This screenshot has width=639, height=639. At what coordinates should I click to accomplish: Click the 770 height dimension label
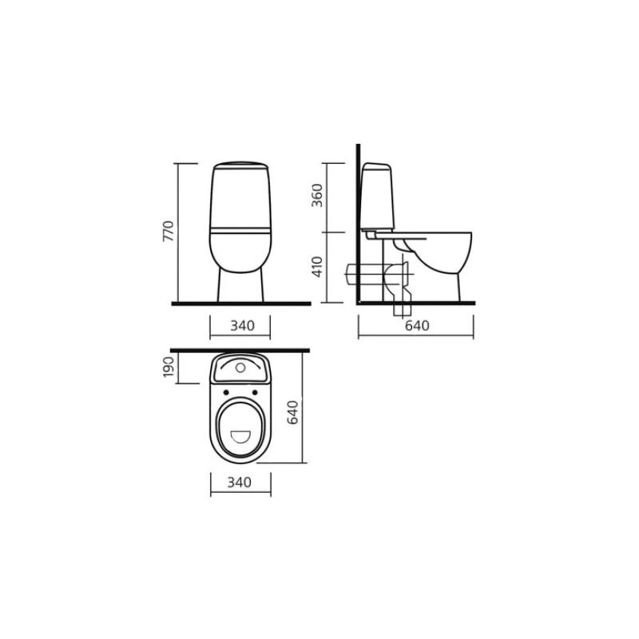coord(169,231)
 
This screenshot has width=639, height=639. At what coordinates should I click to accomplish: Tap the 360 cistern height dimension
coord(316,196)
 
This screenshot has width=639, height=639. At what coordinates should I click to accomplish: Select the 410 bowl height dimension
coord(316,267)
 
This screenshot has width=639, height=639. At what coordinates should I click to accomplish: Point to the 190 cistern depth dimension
coord(169,367)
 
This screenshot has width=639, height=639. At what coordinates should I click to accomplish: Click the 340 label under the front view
coord(243,326)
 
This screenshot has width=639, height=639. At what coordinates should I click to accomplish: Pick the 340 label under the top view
coord(239,482)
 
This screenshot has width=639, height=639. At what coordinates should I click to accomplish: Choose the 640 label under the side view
coord(417,326)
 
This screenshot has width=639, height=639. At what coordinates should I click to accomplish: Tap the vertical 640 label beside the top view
coord(292,412)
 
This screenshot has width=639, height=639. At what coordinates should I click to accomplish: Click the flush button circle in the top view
coord(240,368)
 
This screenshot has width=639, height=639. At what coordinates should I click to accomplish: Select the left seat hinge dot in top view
coord(226,392)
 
